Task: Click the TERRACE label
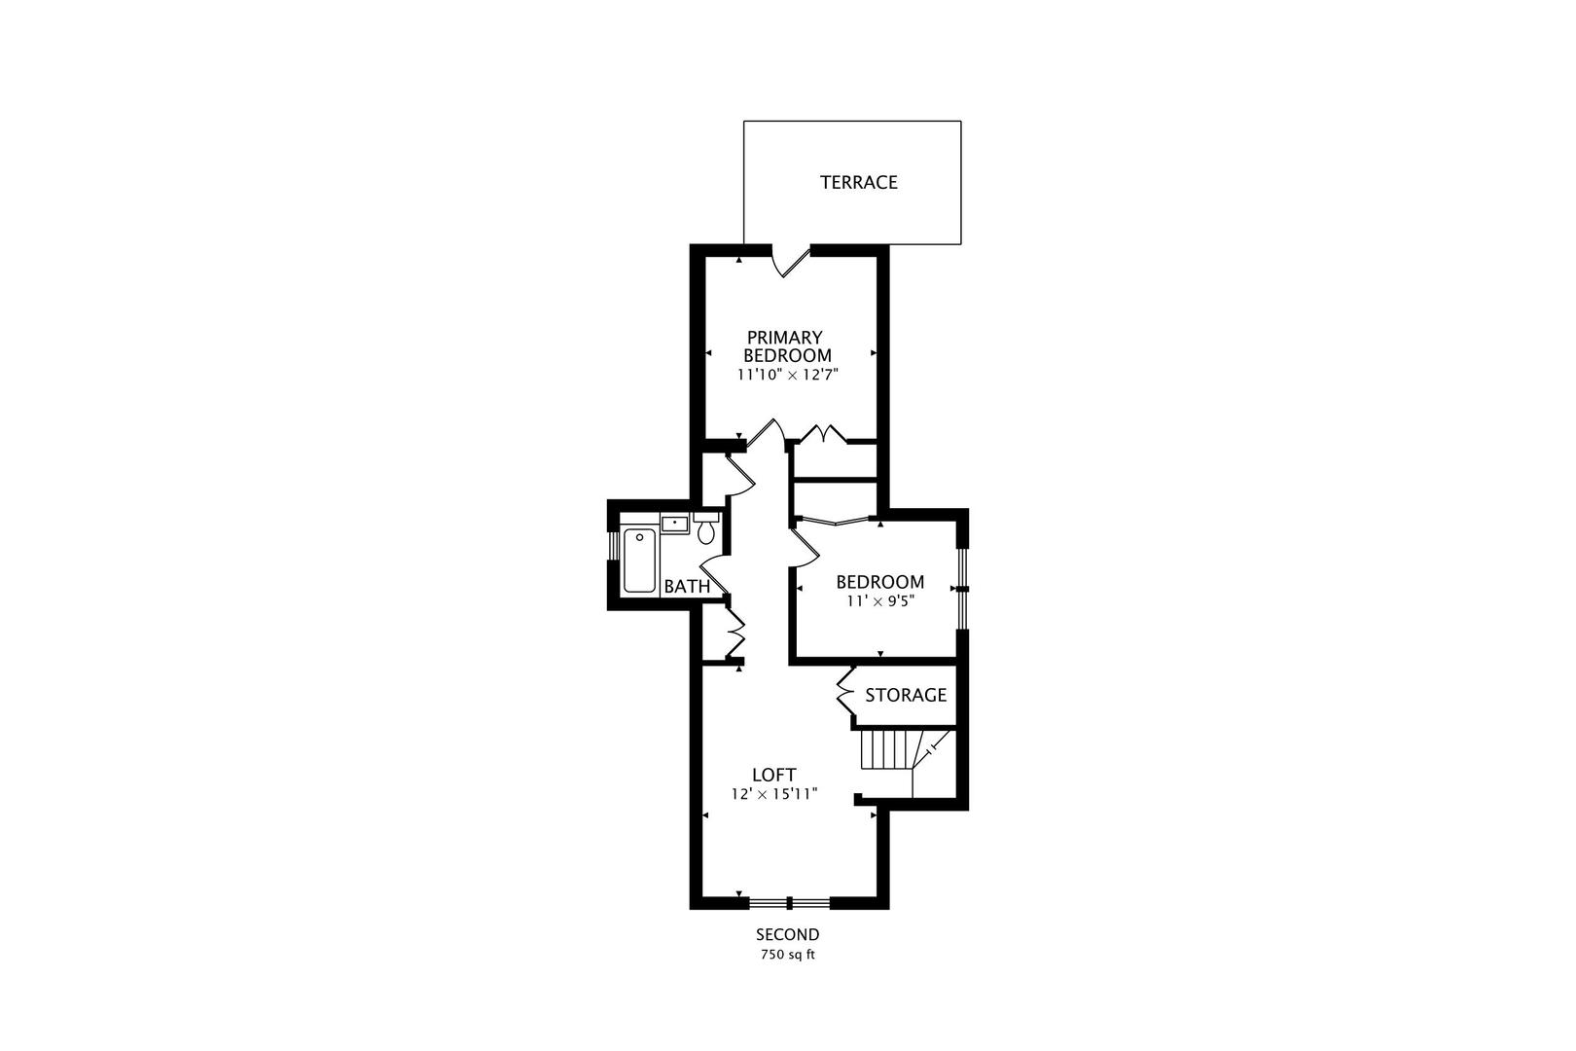[x=858, y=182]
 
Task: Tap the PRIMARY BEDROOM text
[x=787, y=346]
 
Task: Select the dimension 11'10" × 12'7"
[x=788, y=375]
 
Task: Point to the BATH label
[x=687, y=587]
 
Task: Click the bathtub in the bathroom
[x=639, y=561]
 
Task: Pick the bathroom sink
[x=674, y=524]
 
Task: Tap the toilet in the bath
[x=705, y=528]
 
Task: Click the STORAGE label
[x=906, y=696]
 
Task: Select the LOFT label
[x=774, y=775]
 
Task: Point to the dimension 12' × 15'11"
[x=774, y=794]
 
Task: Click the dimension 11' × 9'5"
[x=879, y=601]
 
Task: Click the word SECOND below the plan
[x=787, y=935]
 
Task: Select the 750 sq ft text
[x=787, y=956]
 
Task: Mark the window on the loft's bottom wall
[x=789, y=902]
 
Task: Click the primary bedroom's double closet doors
[x=823, y=433]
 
